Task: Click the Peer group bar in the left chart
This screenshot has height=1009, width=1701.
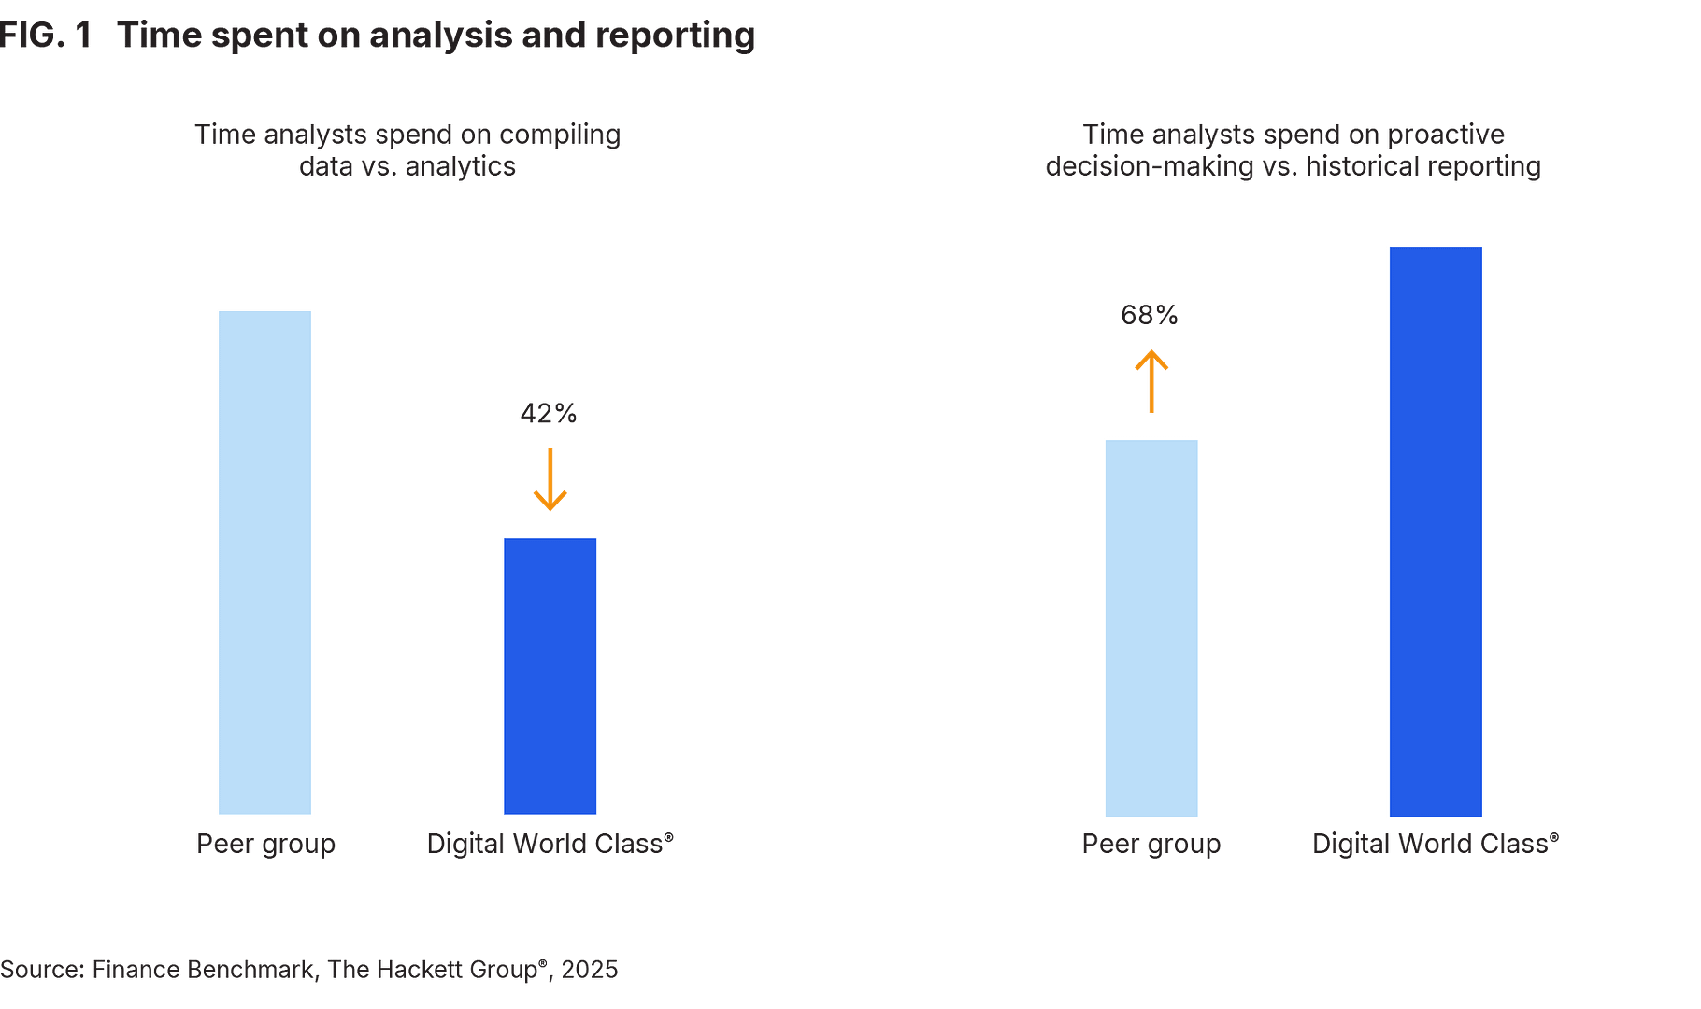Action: coord(264,562)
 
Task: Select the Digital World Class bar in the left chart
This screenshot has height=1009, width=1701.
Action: coord(550,675)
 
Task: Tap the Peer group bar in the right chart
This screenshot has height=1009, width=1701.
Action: coord(1151,627)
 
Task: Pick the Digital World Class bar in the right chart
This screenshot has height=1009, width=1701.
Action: coord(1436,531)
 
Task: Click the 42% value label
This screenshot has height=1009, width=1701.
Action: coord(549,413)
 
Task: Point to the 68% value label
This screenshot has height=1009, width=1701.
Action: coord(1150,315)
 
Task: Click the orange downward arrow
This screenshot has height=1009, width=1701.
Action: coord(550,479)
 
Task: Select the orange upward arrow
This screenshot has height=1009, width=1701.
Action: coord(1151,381)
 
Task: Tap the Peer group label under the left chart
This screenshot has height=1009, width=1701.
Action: coord(265,844)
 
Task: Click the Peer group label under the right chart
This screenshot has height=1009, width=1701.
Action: coord(1151,844)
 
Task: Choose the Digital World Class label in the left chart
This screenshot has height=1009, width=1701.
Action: coord(550,844)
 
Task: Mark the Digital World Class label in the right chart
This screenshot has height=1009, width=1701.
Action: coord(1436,844)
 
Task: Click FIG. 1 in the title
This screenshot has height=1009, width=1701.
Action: coord(47,36)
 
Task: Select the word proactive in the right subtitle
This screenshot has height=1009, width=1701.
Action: coord(1445,135)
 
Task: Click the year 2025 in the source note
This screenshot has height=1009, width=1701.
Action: coord(590,970)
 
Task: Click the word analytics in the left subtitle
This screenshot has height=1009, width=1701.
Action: coord(460,167)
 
